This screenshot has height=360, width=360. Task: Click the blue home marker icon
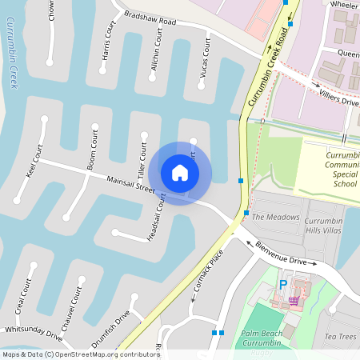(180, 173)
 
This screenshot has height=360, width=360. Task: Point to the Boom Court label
(93, 149)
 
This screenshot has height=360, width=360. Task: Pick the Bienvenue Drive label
(281, 255)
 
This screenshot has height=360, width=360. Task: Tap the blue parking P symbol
(282, 284)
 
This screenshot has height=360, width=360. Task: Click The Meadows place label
(275, 217)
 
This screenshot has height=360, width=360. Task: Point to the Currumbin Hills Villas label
(325, 224)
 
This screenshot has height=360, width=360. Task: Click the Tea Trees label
(340, 337)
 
